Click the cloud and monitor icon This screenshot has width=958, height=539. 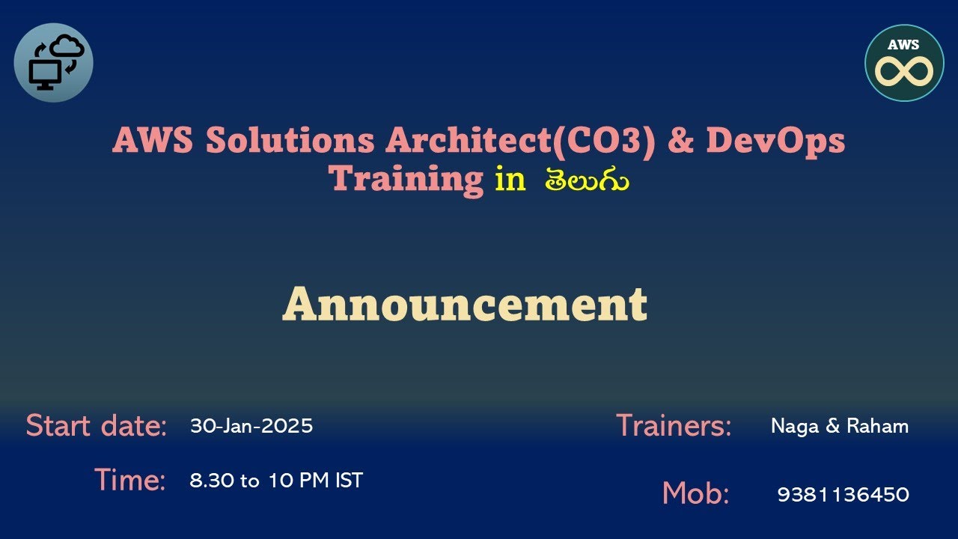click(x=54, y=63)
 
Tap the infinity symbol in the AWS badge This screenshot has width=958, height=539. click(x=903, y=72)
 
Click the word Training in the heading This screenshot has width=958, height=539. click(x=408, y=179)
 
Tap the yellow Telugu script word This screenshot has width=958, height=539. click(x=587, y=180)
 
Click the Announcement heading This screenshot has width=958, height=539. click(x=465, y=305)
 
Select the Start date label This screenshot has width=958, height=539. click(x=97, y=426)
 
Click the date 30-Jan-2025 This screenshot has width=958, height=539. click(x=251, y=426)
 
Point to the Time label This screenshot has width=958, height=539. click(x=130, y=480)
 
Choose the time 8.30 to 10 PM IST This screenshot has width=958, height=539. click(x=276, y=481)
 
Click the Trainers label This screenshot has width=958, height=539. click(x=674, y=426)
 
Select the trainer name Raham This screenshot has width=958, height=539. click(x=877, y=427)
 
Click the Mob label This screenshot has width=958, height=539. click(x=695, y=494)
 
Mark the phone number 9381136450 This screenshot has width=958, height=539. click(x=843, y=495)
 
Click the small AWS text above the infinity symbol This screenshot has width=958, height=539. click(x=903, y=45)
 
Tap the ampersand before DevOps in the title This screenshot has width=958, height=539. click(x=680, y=140)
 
